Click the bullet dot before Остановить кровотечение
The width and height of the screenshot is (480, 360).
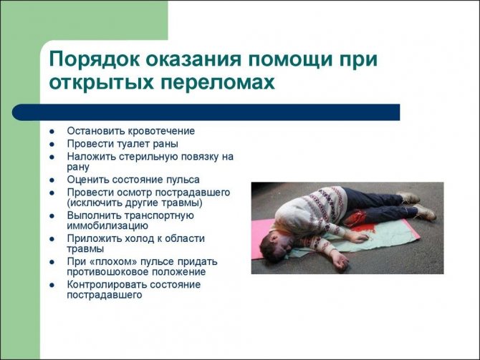[x=52, y=132]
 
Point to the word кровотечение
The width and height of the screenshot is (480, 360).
[x=161, y=131]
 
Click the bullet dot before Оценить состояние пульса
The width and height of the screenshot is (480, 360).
[x=52, y=180]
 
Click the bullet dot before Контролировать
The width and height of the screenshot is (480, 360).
[x=52, y=285]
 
